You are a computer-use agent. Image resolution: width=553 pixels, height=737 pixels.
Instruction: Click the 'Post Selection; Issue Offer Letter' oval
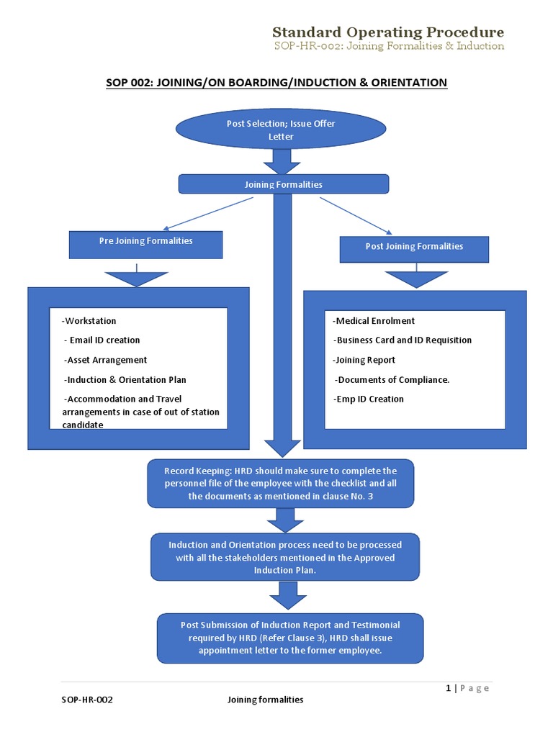point(281,130)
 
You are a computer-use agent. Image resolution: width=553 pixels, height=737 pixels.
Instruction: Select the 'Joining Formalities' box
point(283,184)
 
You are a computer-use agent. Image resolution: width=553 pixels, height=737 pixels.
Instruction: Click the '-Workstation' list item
point(89,321)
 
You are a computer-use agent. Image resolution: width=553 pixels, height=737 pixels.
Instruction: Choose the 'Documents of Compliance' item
point(392,379)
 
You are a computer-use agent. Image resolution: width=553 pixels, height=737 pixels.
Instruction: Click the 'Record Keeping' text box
point(281,484)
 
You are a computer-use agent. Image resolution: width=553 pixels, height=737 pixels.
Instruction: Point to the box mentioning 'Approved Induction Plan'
point(284,557)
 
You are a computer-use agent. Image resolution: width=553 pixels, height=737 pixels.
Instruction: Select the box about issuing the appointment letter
point(290,638)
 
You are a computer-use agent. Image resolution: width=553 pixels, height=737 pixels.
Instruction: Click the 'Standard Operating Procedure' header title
point(387,32)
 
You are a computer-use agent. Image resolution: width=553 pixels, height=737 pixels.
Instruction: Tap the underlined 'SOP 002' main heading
point(276,83)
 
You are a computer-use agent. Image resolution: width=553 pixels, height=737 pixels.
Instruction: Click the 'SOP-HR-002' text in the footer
point(87,700)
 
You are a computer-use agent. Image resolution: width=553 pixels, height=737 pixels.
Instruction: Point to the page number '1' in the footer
point(449,688)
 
